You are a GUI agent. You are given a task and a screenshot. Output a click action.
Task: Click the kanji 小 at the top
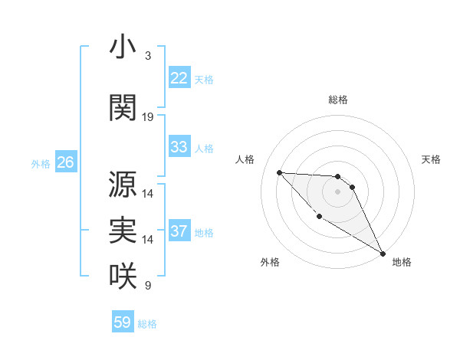click(123, 48)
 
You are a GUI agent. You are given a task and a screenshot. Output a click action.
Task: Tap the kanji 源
click(123, 185)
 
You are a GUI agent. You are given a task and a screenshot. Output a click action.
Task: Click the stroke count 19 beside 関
click(148, 117)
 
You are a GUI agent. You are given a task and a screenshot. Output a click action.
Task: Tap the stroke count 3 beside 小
click(147, 56)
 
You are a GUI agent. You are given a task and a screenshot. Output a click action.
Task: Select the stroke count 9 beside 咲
click(147, 286)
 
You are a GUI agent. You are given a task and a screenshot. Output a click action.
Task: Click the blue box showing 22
click(179, 78)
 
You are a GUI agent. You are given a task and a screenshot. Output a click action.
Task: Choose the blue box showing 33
click(179, 147)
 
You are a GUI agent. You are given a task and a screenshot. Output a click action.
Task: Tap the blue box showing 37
click(179, 231)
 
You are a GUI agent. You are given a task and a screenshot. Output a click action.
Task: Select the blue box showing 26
click(65, 162)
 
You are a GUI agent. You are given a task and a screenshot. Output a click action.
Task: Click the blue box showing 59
click(123, 322)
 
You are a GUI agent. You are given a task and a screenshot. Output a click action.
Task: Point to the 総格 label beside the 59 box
click(147, 324)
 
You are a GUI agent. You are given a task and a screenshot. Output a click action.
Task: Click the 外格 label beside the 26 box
click(41, 163)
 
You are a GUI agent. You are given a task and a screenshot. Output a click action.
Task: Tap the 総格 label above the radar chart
click(337, 100)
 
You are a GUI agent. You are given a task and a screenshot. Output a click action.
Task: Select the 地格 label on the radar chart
click(402, 262)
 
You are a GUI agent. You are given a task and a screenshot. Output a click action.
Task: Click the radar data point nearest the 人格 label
click(280, 172)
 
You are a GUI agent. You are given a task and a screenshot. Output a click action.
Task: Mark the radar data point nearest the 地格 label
click(383, 254)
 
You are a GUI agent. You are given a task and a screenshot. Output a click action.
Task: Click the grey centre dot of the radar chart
click(337, 191)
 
